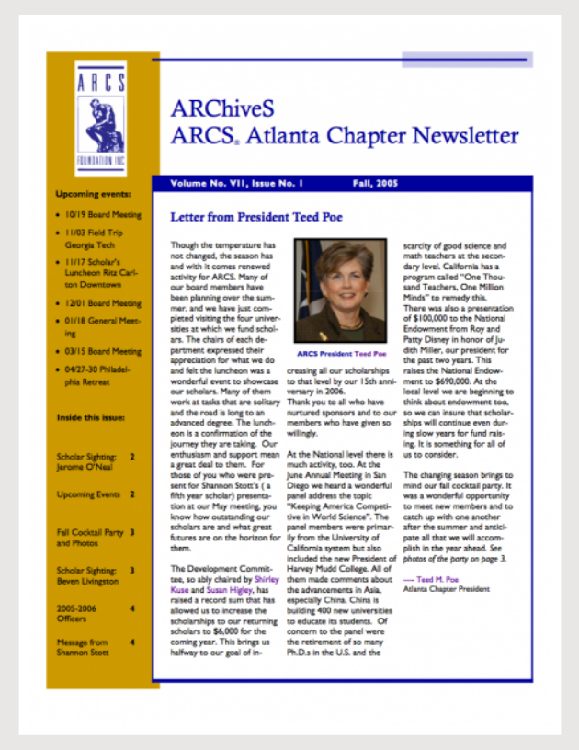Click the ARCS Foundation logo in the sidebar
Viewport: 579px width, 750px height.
(x=101, y=119)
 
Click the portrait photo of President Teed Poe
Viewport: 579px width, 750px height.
(x=340, y=291)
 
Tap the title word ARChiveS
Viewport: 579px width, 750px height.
(x=221, y=108)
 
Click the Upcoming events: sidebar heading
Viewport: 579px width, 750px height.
(x=93, y=194)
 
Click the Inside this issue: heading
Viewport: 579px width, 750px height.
(x=90, y=418)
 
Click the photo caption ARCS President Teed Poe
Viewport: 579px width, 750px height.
(x=340, y=353)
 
